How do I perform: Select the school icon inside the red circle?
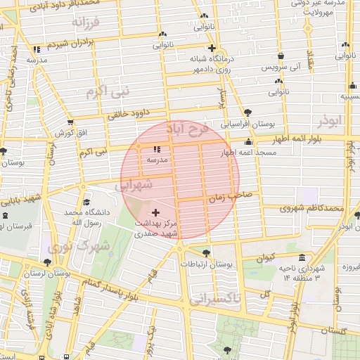pyautogui.click(x=156, y=148)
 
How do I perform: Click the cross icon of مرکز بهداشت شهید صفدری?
pyautogui.click(x=155, y=212)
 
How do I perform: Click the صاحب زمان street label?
pyautogui.click(x=231, y=199)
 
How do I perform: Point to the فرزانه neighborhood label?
pyautogui.click(x=86, y=22)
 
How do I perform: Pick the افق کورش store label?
pyautogui.click(x=72, y=132)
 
